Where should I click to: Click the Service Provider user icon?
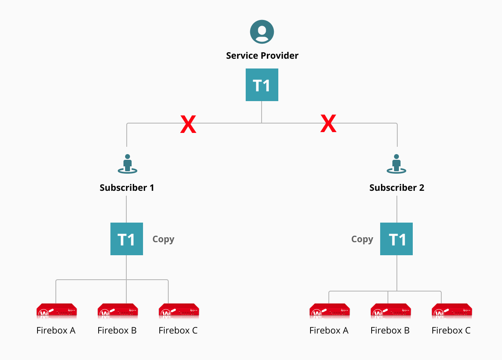(262, 32)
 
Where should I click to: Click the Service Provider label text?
(262, 55)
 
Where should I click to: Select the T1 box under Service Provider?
(262, 85)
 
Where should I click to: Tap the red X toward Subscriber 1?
(188, 124)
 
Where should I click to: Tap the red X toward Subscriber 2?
(328, 124)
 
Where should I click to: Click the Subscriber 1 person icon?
(127, 163)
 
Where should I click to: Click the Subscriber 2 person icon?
(396, 163)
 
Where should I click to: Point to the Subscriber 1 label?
(127, 188)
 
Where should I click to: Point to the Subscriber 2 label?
(396, 188)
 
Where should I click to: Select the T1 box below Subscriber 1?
(127, 239)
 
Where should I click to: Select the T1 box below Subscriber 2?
(396, 239)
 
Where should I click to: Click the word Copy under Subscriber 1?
(163, 239)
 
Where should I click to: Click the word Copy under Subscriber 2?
(362, 239)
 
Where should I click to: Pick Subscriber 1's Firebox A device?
(57, 311)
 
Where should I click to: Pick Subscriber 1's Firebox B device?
(117, 311)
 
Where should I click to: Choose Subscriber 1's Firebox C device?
(178, 311)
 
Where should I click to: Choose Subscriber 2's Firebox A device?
(329, 311)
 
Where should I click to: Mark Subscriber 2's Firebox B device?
(390, 311)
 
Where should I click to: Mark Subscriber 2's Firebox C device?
(451, 311)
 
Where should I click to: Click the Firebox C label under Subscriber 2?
(451, 330)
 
